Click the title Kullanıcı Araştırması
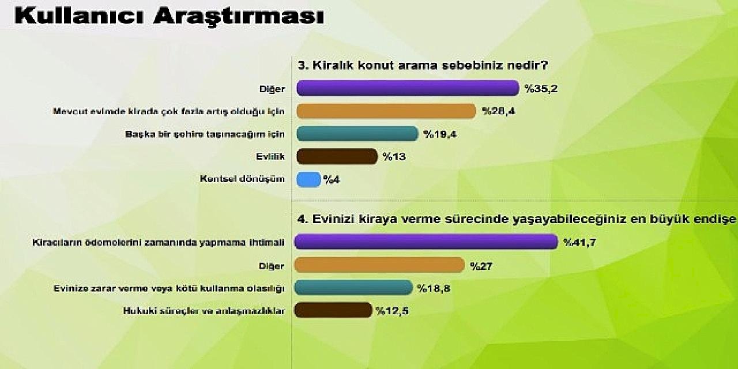coord(170,17)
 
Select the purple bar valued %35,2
coord(408,88)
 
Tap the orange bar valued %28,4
coord(386,111)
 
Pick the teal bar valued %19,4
coord(357,134)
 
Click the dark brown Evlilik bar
coord(337,156)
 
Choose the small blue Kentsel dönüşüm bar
coord(308,179)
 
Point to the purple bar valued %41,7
coord(426,242)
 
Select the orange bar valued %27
coord(379,265)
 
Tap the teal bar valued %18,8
coord(353,288)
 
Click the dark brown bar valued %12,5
coord(333,310)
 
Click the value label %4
coord(332,180)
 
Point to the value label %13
coord(394,156)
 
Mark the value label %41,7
coord(580,243)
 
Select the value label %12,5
coord(392,311)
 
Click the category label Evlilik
coord(270,156)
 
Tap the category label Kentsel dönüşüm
coord(242,179)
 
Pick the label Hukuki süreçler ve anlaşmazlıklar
coord(204,311)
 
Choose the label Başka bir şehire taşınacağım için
coord(205,134)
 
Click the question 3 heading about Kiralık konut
coord(423,65)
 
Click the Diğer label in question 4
coord(271,266)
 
